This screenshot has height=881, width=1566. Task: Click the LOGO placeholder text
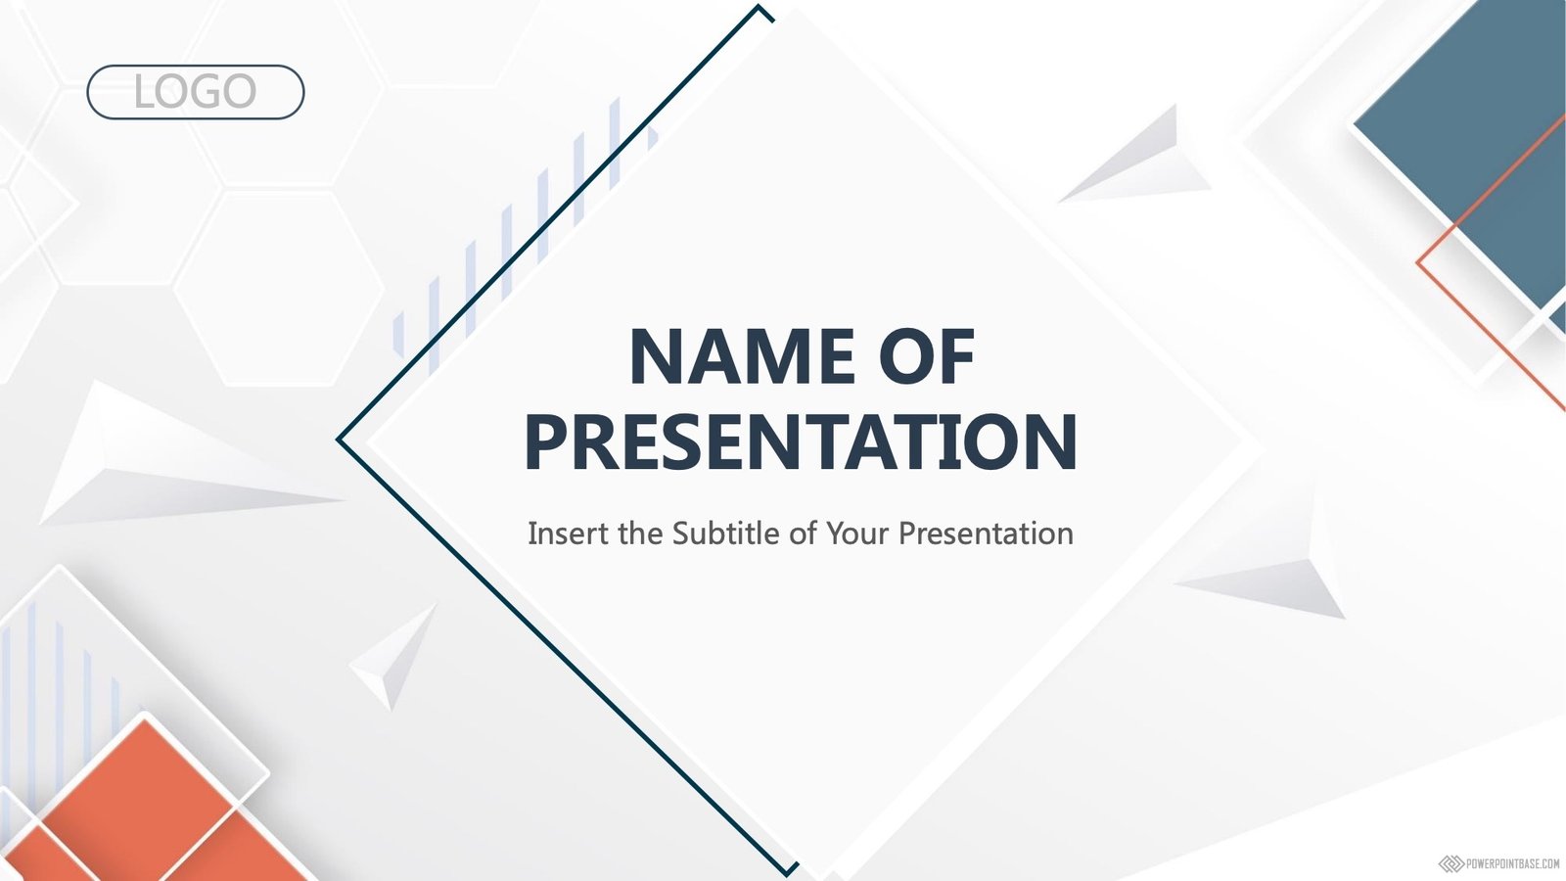point(195,92)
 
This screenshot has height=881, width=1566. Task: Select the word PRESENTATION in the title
point(802,441)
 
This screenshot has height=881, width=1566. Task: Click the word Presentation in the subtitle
point(986,533)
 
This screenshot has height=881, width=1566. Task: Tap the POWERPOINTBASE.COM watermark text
point(1512,864)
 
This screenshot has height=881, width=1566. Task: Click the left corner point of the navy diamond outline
point(339,440)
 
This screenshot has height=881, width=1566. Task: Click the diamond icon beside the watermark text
point(1451,864)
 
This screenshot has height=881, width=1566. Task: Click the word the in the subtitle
point(641,533)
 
